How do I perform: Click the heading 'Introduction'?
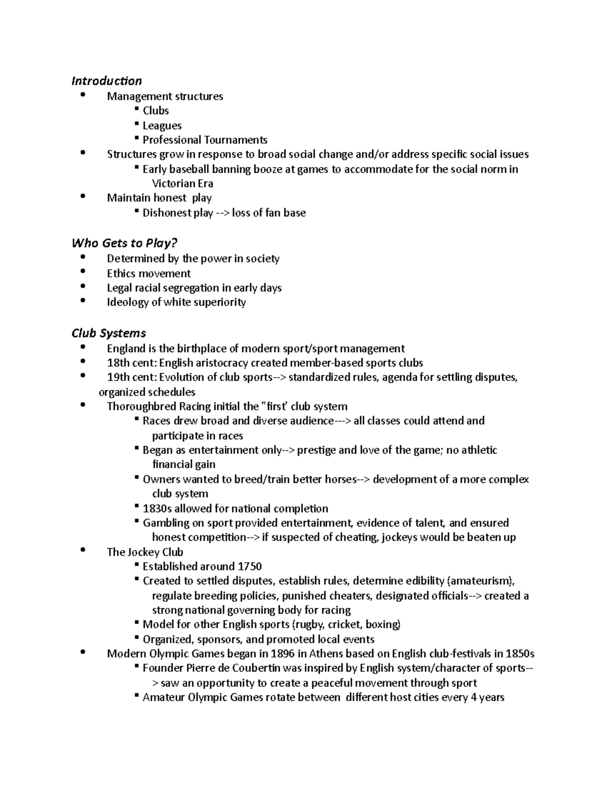tap(106, 81)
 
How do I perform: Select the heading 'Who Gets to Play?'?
tap(124, 243)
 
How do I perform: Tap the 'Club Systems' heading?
tap(109, 333)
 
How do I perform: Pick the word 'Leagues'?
tap(162, 126)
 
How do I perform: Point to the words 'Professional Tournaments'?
tap(205, 140)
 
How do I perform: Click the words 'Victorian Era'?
tap(183, 184)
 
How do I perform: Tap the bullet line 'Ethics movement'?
tap(149, 274)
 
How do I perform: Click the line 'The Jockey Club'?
tap(145, 552)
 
